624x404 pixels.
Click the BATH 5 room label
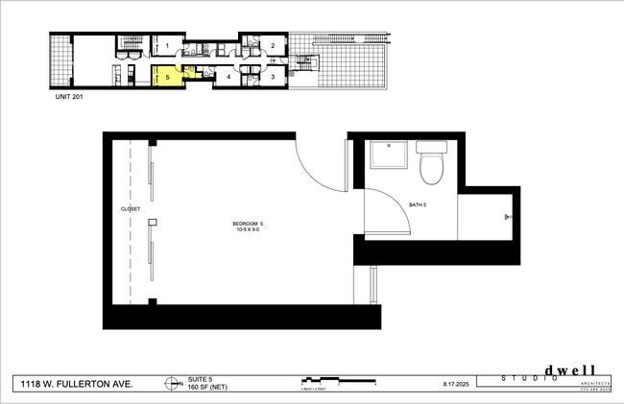(x=418, y=205)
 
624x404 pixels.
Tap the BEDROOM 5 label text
(x=248, y=224)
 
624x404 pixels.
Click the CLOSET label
(x=131, y=208)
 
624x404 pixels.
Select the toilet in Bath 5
(x=431, y=162)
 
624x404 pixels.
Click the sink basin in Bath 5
(x=389, y=153)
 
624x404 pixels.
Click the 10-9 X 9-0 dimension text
(x=248, y=230)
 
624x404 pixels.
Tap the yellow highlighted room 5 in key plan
(x=167, y=76)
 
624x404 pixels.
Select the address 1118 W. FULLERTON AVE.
(x=78, y=384)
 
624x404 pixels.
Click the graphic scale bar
(x=336, y=380)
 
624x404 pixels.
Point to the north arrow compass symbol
(x=171, y=384)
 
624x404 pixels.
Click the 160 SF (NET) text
(x=204, y=387)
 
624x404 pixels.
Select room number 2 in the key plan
(x=272, y=45)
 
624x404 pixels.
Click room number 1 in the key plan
(x=167, y=45)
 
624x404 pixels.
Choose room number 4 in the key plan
(x=228, y=76)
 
